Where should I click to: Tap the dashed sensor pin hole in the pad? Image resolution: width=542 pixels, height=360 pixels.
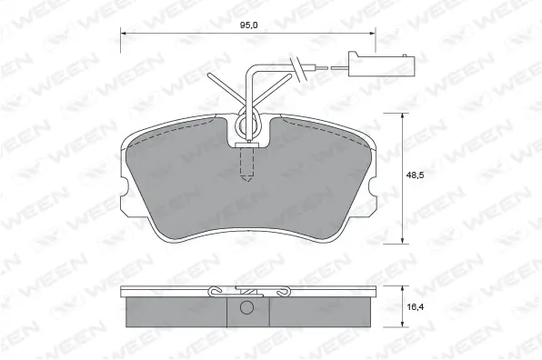click(246, 165)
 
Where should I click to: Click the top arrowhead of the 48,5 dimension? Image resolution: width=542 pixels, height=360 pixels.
click(403, 115)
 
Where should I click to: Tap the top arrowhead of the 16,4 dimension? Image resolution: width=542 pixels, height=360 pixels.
click(403, 288)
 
